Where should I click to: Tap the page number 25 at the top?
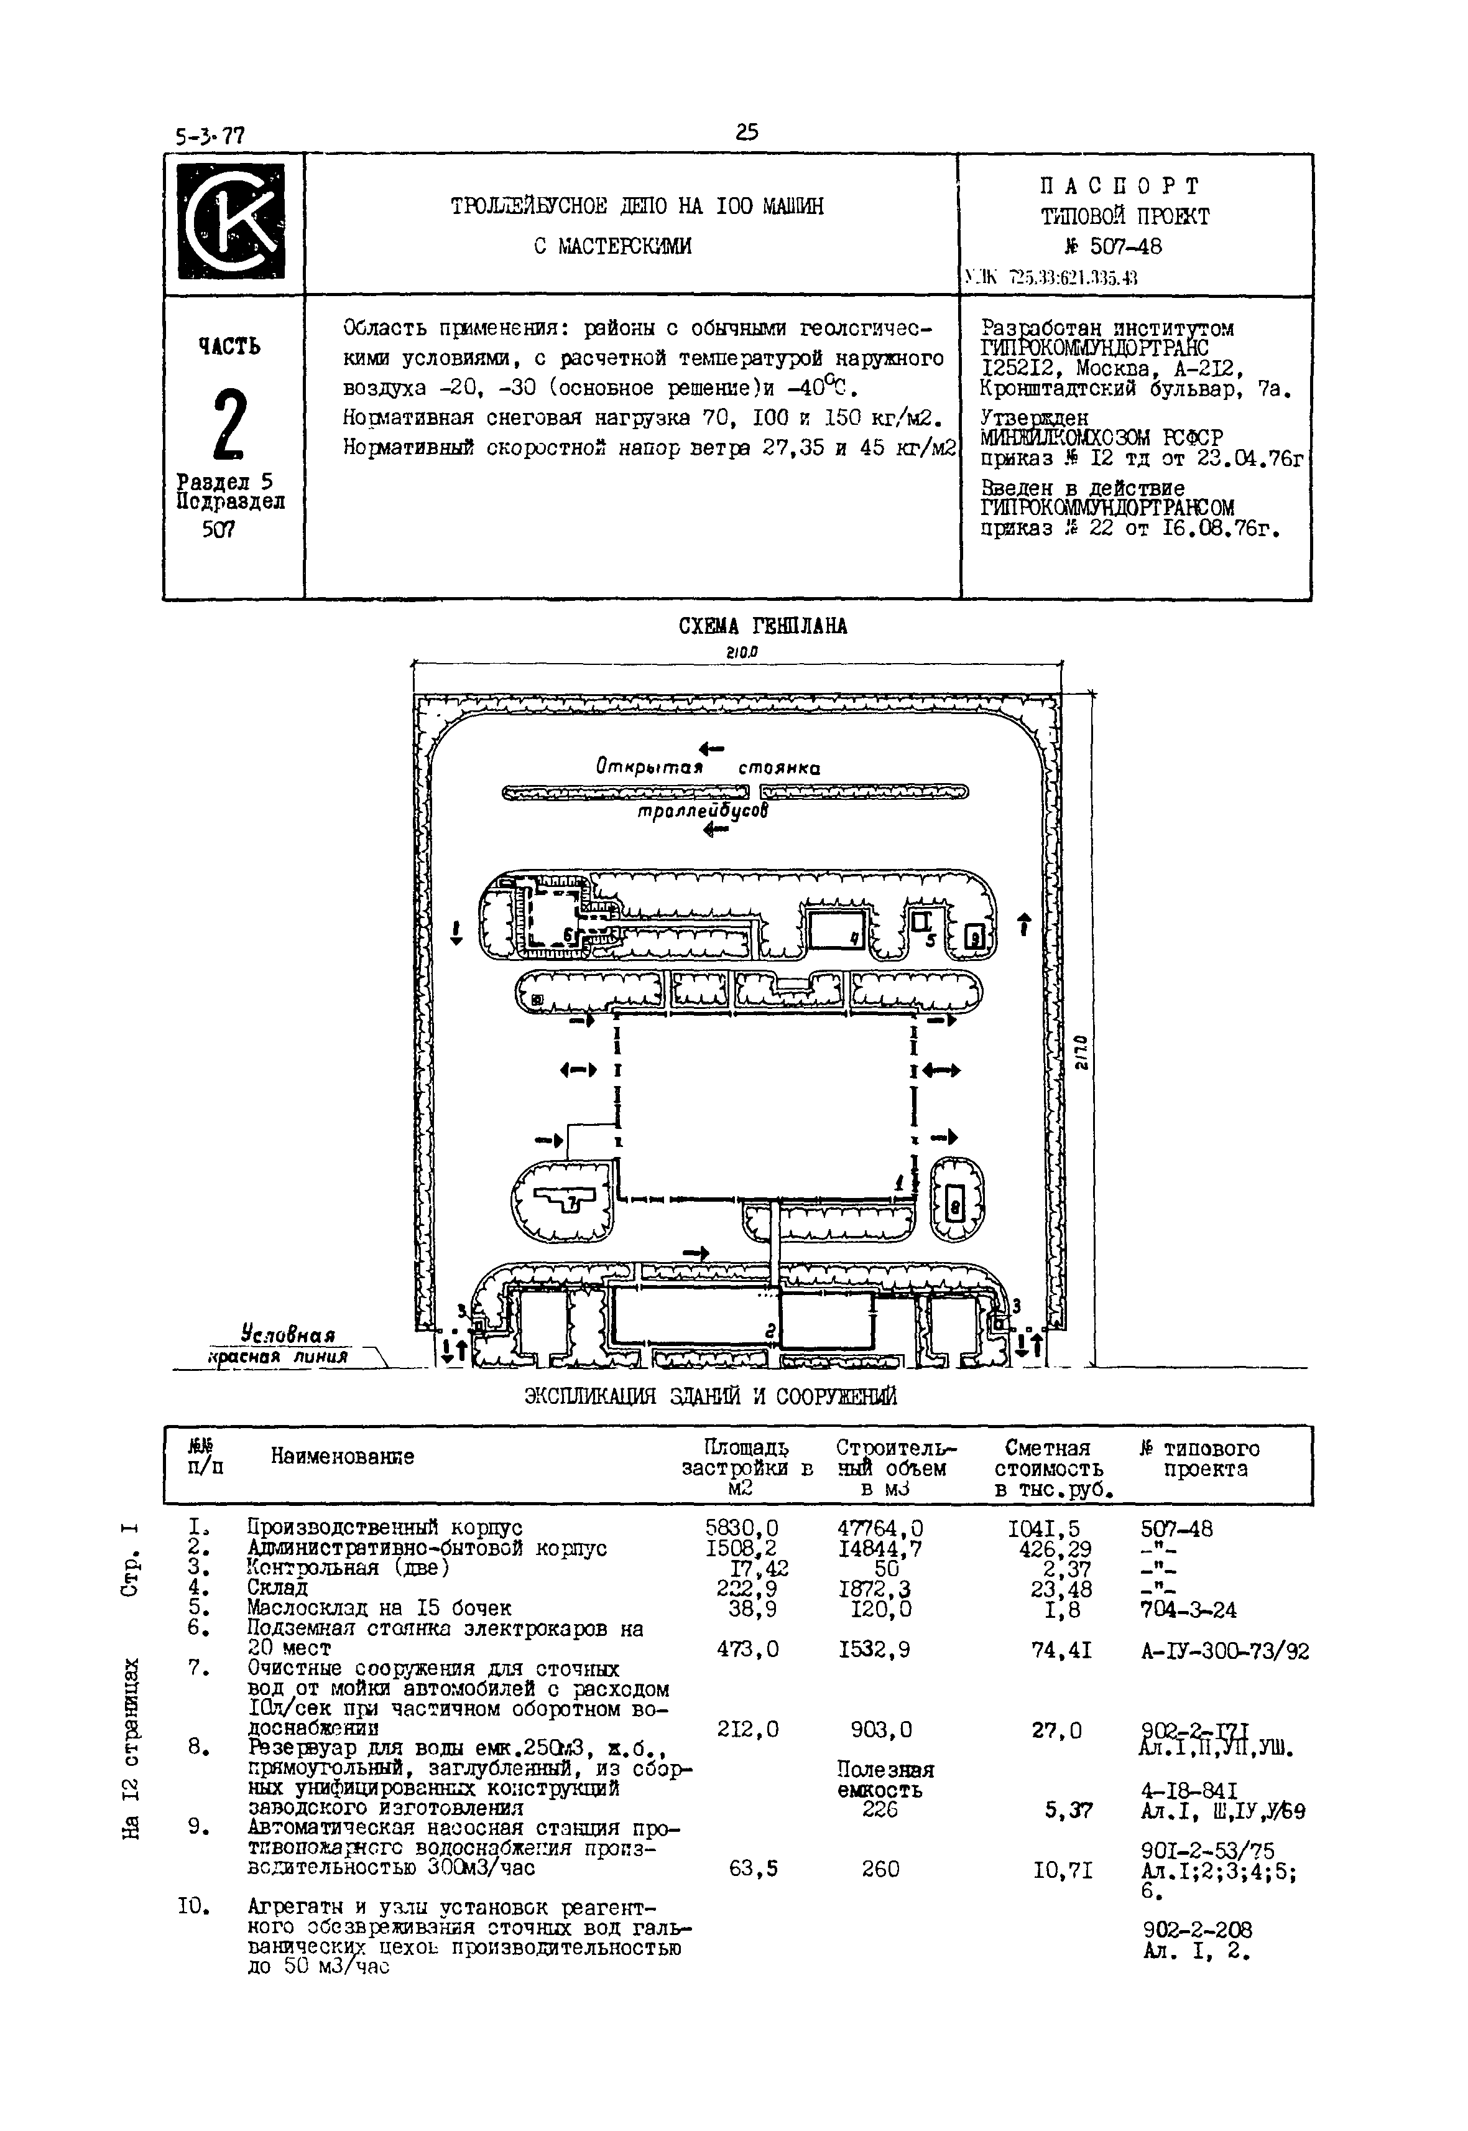pos(746,132)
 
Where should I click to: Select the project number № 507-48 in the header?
pos(1113,246)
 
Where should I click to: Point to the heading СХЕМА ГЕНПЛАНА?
pos(762,626)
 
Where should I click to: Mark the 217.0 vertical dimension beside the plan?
pos(1083,1052)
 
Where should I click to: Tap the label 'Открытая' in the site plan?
pos(649,766)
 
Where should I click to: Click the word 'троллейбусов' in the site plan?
pos(704,812)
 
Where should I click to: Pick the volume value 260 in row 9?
pos(880,1869)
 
